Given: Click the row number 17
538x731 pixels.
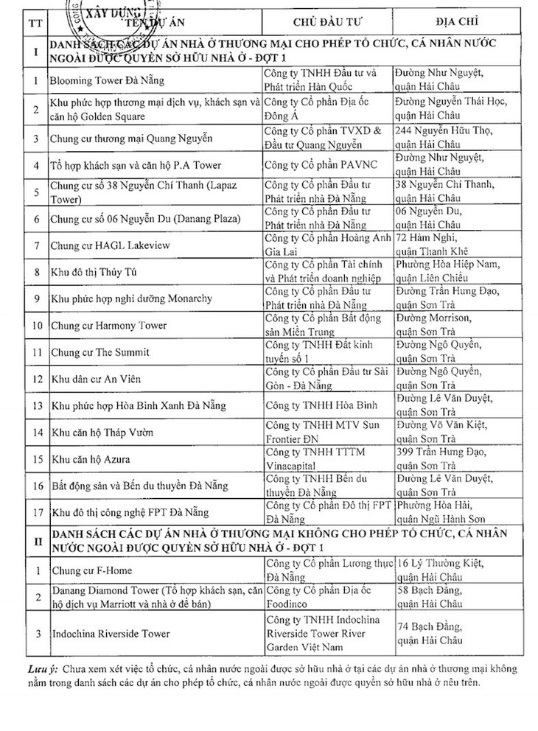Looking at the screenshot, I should click(34, 511).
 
